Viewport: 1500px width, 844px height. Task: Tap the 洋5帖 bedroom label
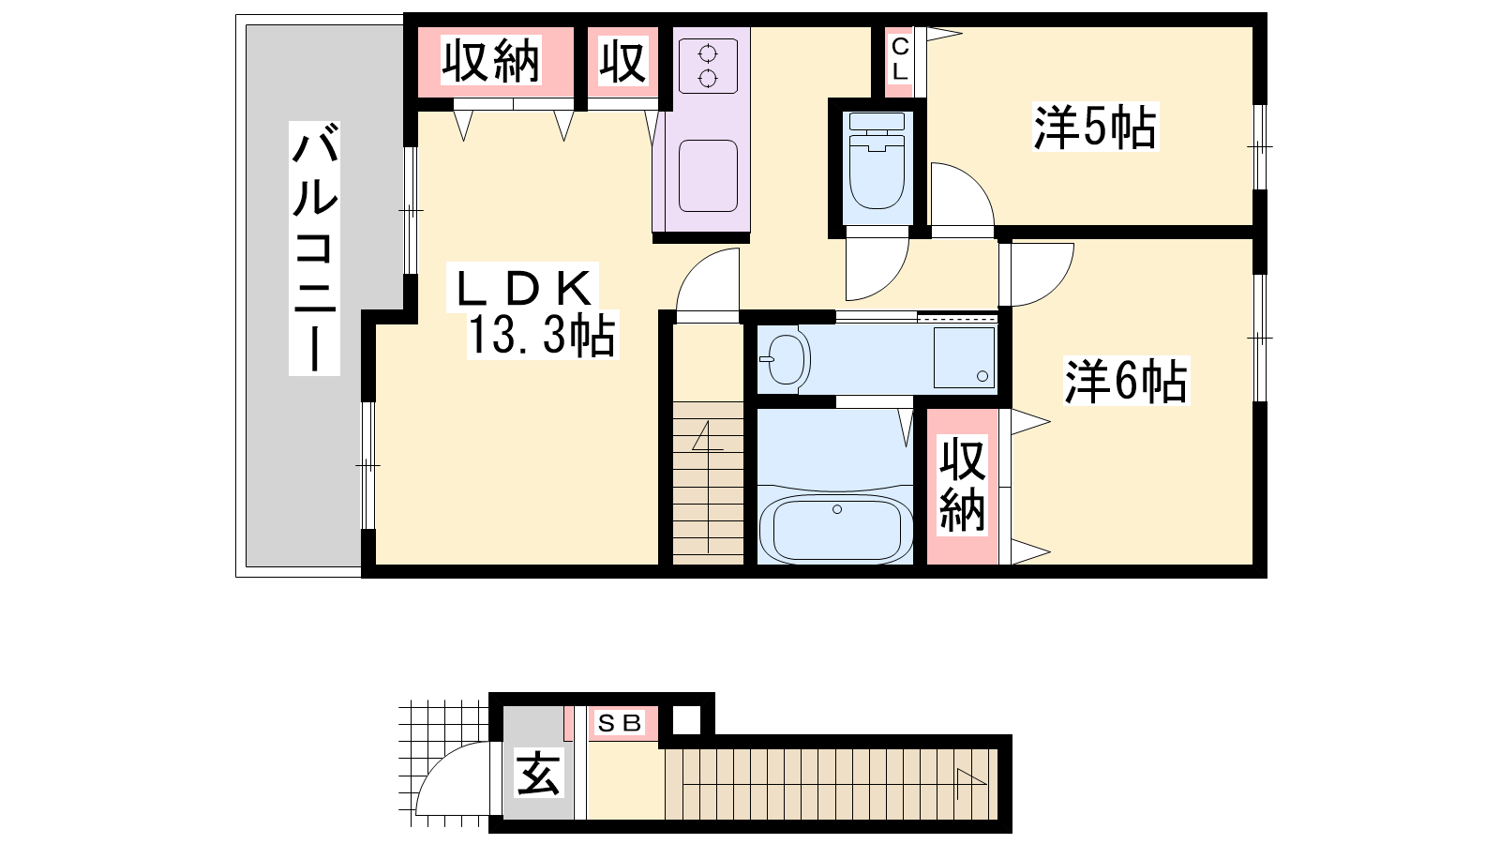1095,127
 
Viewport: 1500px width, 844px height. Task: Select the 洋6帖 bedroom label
1126,381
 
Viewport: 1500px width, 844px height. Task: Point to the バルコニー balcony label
314,248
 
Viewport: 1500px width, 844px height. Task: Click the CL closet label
900,59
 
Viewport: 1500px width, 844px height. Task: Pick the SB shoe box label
620,723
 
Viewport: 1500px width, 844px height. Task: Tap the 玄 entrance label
538,773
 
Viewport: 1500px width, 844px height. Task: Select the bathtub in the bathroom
836,528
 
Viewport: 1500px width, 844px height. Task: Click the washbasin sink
785,359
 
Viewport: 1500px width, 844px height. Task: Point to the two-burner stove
708,66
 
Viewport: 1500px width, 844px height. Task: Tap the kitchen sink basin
708,176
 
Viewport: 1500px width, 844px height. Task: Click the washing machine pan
965,357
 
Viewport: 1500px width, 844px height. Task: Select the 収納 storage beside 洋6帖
962,485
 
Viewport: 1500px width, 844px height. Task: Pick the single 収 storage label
622,61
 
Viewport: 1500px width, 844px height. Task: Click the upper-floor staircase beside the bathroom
708,479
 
